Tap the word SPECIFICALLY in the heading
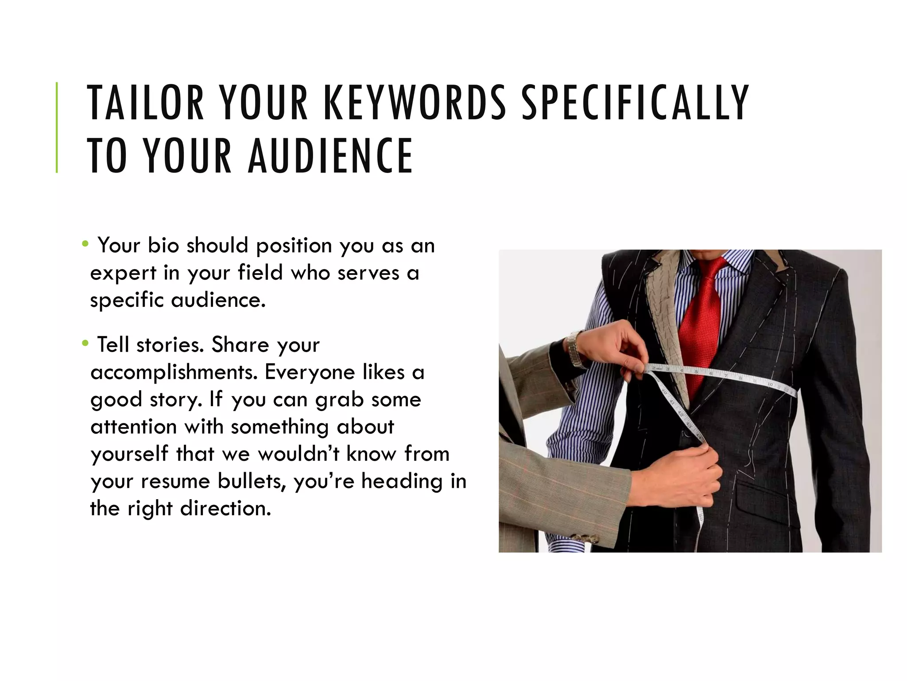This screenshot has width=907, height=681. (x=636, y=103)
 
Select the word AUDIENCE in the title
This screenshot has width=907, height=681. (x=330, y=156)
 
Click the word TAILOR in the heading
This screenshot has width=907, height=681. (x=146, y=103)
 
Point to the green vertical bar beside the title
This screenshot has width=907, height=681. (x=57, y=127)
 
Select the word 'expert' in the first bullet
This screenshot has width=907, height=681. (x=123, y=273)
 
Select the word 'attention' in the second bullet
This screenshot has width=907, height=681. (x=133, y=427)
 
